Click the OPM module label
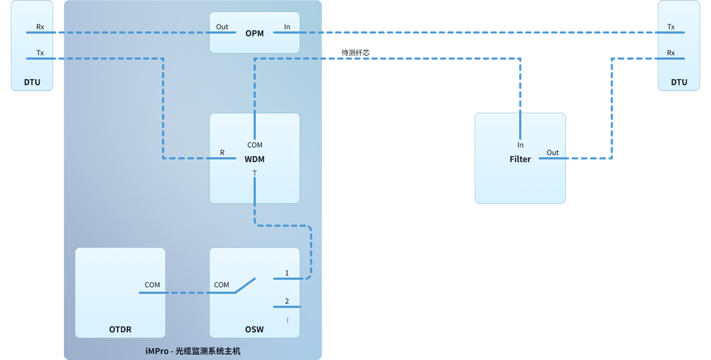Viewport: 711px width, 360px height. (254, 33)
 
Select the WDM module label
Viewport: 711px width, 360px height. (254, 159)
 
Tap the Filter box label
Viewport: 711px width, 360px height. (520, 159)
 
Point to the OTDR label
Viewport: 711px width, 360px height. (120, 329)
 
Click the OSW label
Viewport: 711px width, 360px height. (254, 329)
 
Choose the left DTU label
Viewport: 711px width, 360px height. (32, 82)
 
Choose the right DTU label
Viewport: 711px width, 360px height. (679, 82)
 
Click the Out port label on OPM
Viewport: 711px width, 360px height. (222, 27)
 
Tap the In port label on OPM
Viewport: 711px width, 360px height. (287, 27)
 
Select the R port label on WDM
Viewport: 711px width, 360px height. (222, 153)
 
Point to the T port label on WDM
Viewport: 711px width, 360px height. (254, 173)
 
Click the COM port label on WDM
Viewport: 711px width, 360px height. (254, 145)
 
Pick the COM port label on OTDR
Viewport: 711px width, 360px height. (152, 285)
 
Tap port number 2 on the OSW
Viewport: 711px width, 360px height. (287, 301)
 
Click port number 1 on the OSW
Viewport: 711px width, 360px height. (287, 273)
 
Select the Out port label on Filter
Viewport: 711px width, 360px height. (552, 153)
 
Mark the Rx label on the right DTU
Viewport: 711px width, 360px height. (671, 53)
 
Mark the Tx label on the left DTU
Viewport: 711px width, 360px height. (40, 53)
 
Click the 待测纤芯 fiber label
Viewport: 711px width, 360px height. (355, 53)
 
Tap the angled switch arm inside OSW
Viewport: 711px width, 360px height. (245, 286)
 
